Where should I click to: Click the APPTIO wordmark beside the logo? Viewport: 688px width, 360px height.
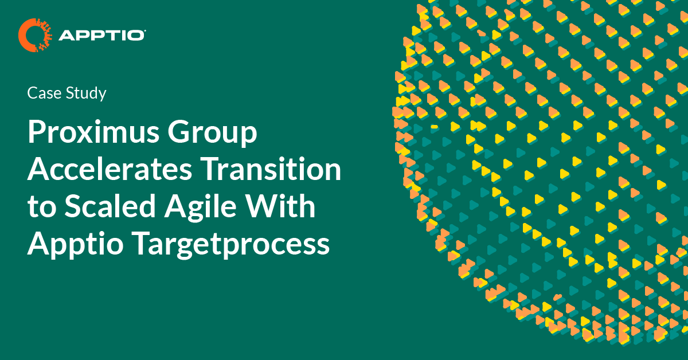pyautogui.click(x=101, y=36)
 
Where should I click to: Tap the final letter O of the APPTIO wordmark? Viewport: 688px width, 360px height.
pyautogui.click(x=138, y=36)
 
